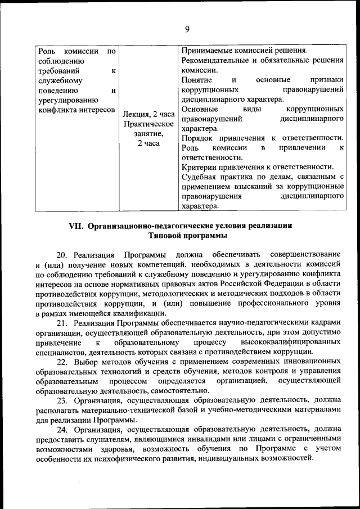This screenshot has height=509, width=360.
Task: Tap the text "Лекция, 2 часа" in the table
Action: tap(148, 114)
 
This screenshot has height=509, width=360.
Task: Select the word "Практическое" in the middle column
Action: tap(148, 124)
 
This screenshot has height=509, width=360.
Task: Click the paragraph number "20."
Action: tap(62, 254)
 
